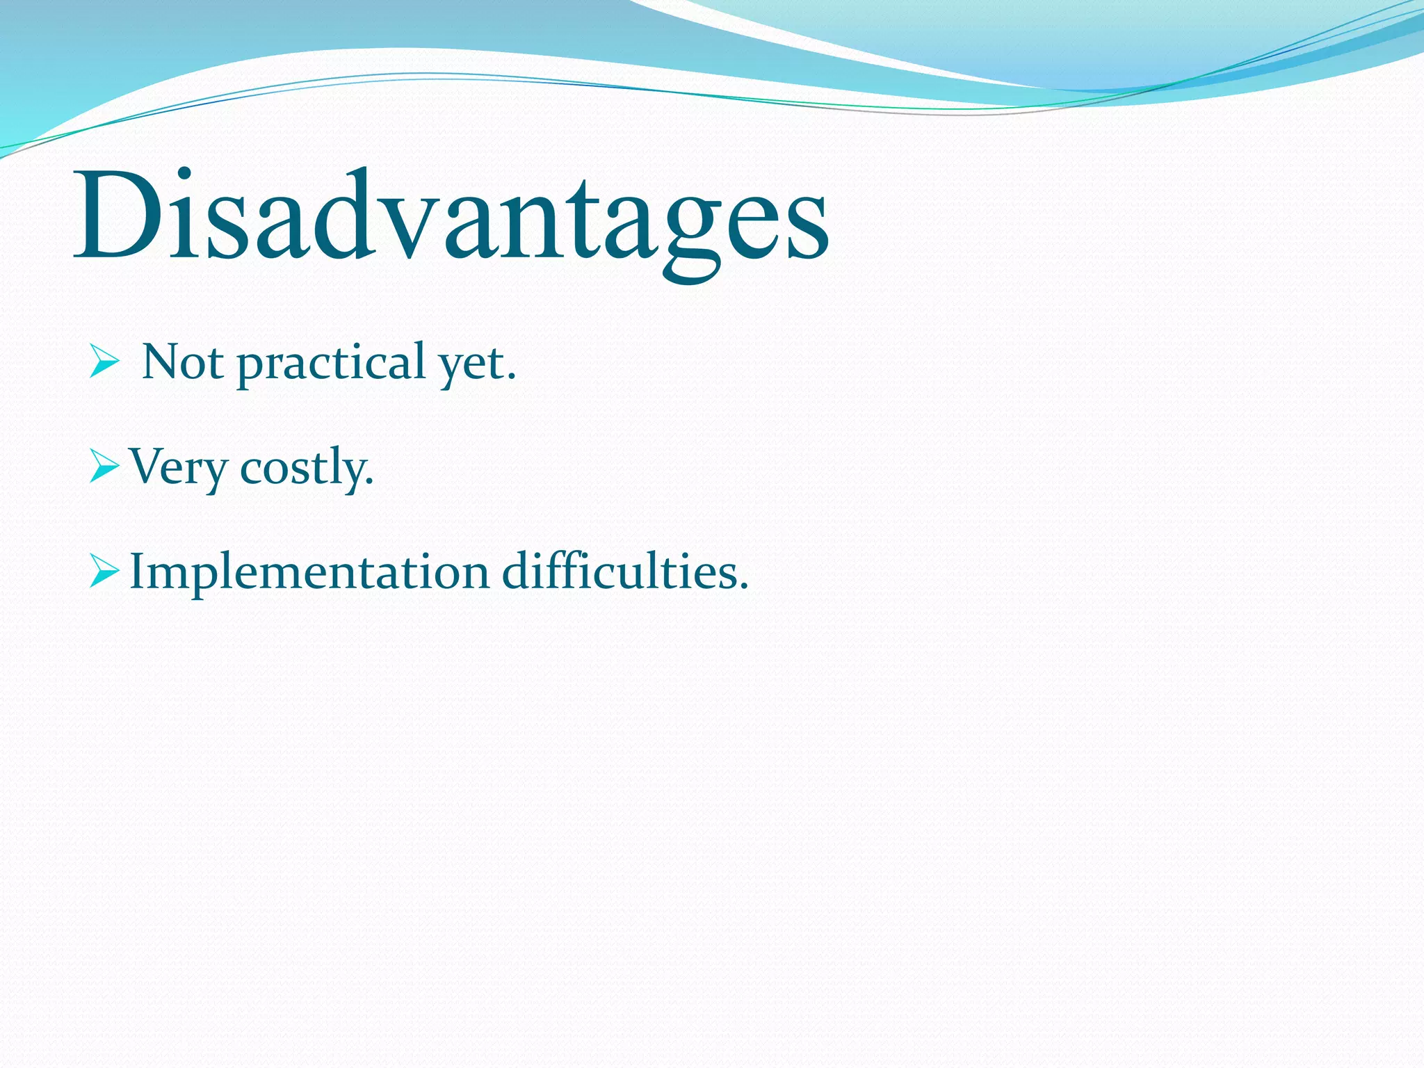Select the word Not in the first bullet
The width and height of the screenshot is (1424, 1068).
tap(182, 362)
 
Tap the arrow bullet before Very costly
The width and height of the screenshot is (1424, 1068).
tap(104, 467)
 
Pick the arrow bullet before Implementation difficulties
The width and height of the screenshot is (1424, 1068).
tap(104, 572)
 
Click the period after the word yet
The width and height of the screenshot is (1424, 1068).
tap(512, 378)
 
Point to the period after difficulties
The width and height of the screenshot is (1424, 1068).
tap(743, 587)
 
